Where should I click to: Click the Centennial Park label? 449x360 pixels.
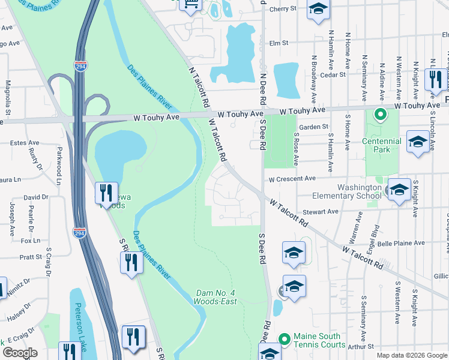(x=382, y=146)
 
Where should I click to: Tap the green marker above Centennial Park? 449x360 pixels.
(x=380, y=114)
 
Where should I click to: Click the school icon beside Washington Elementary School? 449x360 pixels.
(x=399, y=191)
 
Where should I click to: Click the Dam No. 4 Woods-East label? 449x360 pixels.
(x=216, y=297)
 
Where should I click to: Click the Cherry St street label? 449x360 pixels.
(x=283, y=9)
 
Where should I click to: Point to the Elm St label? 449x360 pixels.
(x=279, y=43)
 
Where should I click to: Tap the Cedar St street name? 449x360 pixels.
(x=334, y=75)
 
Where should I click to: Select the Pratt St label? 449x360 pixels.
(x=31, y=257)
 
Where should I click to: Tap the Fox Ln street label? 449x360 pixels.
(x=30, y=241)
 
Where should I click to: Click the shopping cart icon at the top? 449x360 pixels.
(x=191, y=5)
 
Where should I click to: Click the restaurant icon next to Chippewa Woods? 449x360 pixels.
(x=106, y=193)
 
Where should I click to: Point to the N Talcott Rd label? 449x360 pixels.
(x=199, y=85)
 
